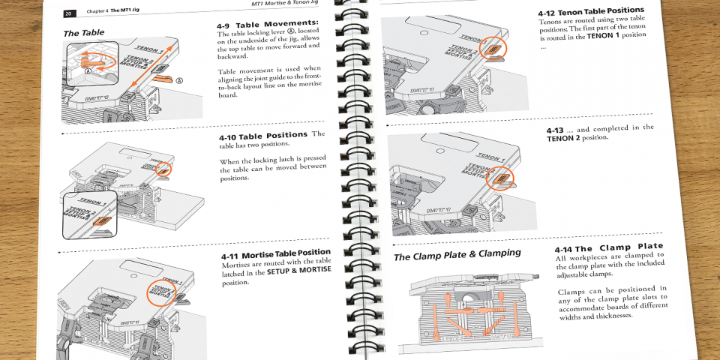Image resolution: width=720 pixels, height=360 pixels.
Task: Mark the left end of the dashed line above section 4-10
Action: click(61, 133)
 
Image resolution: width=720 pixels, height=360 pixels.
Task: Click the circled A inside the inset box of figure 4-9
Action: click(87, 71)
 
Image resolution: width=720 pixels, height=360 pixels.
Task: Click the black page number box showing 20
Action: click(68, 13)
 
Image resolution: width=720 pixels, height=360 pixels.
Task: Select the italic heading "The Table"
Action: click(83, 32)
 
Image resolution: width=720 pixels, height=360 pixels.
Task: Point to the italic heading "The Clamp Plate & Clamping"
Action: click(457, 254)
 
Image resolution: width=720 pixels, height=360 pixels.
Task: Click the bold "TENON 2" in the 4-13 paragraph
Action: click(563, 138)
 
